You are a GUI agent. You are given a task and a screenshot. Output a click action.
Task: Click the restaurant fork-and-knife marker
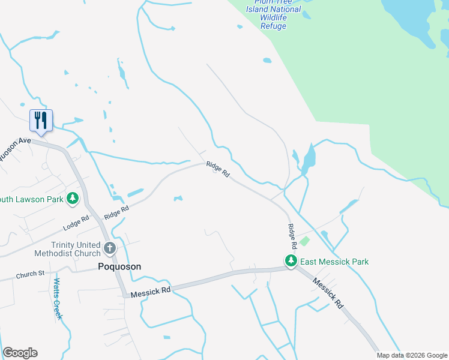coord(41,120)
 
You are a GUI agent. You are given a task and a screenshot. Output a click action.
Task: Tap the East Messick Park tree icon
coord(291,261)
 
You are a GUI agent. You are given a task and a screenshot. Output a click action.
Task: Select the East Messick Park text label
coord(334,262)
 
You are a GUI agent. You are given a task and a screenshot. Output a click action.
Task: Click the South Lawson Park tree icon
coord(72,198)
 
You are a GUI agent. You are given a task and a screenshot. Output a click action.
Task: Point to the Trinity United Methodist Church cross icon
coord(109,248)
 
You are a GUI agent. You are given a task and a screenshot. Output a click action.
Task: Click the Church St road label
coord(31,274)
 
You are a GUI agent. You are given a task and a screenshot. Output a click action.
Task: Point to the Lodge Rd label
coord(76,224)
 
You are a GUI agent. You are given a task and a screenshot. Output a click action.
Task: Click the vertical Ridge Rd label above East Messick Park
coord(292,236)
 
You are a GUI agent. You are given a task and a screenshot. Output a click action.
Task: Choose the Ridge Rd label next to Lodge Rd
coord(116,212)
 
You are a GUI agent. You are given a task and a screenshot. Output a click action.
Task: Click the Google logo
coord(20,353)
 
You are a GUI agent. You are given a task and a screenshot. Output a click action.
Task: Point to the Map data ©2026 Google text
coord(411,355)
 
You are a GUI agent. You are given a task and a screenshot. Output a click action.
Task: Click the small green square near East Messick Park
coord(304,241)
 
